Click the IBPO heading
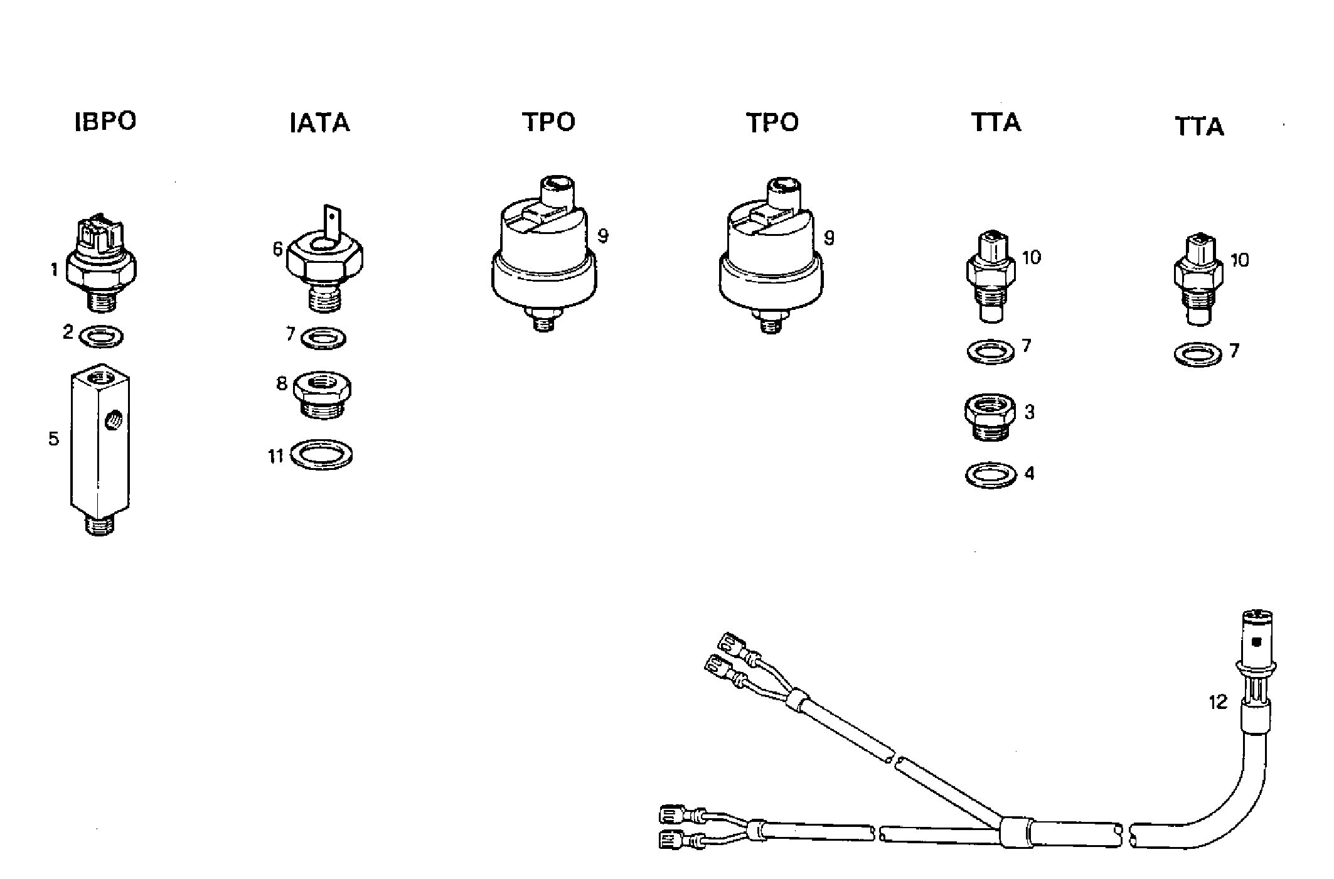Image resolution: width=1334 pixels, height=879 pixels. click(x=105, y=121)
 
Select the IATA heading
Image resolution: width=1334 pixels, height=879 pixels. click(x=319, y=123)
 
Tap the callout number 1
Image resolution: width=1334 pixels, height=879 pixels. click(x=55, y=270)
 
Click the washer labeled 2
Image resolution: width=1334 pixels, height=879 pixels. click(x=102, y=336)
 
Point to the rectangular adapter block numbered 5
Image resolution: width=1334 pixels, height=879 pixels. click(x=100, y=439)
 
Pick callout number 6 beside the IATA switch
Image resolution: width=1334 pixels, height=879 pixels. click(x=277, y=249)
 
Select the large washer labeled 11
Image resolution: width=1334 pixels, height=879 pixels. click(x=323, y=454)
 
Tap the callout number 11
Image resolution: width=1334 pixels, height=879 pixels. click(x=276, y=456)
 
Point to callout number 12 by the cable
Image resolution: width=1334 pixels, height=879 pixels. click(x=1217, y=701)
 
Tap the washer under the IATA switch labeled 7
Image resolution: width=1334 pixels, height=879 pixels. click(x=323, y=339)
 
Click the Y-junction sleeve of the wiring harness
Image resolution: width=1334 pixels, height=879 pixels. click(x=1015, y=829)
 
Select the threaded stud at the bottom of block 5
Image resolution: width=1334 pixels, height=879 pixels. click(x=100, y=525)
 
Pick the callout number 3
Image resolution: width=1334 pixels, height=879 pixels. click(x=1029, y=412)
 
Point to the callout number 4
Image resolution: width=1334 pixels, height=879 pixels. click(x=1029, y=473)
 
